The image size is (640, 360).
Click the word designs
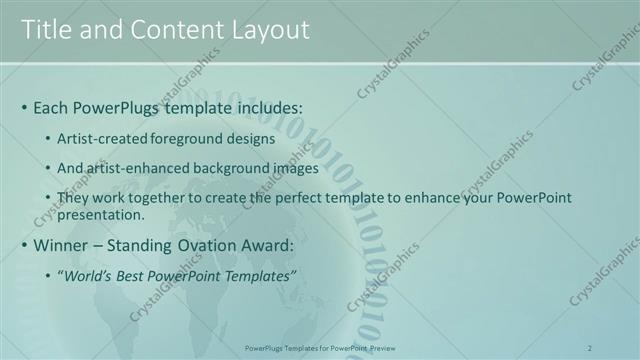point(250,138)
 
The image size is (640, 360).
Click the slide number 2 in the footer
point(590,347)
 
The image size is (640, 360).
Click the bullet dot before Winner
point(24,245)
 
